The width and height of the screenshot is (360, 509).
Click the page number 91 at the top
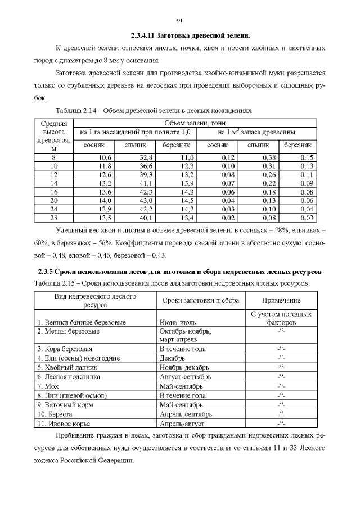pos(180,21)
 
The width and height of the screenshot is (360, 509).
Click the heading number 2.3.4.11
pos(143,35)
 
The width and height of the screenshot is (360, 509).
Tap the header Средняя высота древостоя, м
pos(54,136)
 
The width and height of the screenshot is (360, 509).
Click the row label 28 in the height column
pos(54,217)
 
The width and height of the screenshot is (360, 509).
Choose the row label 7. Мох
pos(48,386)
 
